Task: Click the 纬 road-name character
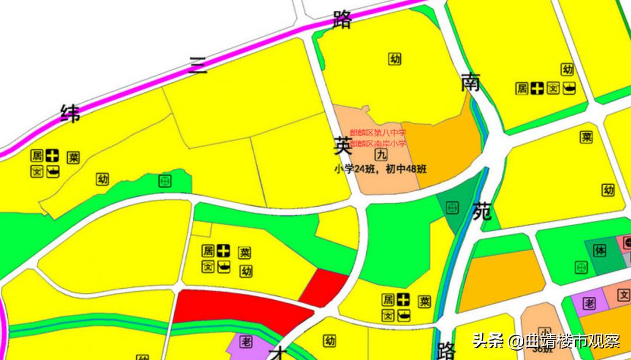click(71, 113)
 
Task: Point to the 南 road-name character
click(471, 83)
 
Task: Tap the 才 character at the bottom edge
click(279, 353)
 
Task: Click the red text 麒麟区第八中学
click(377, 133)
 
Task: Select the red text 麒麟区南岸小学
click(377, 144)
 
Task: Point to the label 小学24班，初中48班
click(380, 170)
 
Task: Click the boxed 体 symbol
click(599, 251)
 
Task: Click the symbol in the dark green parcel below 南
click(452, 207)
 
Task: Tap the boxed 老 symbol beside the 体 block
click(589, 303)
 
